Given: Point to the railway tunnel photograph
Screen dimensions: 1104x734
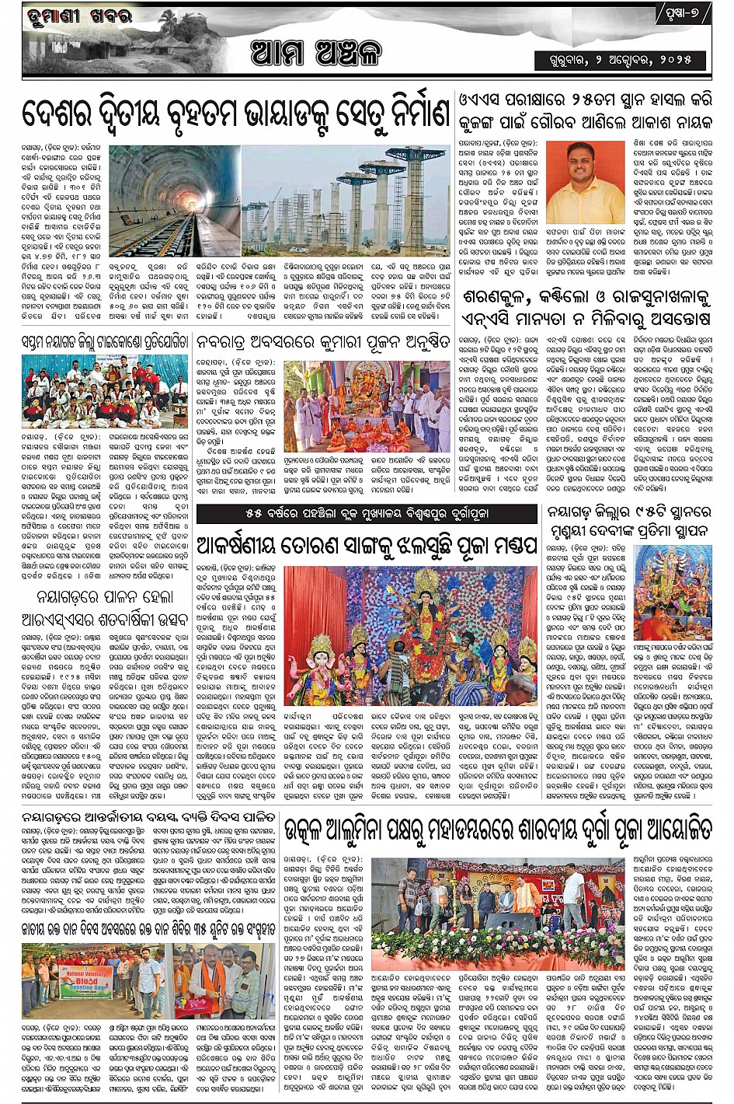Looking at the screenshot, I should (x=174, y=200).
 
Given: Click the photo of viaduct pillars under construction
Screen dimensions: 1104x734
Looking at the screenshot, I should (x=345, y=200).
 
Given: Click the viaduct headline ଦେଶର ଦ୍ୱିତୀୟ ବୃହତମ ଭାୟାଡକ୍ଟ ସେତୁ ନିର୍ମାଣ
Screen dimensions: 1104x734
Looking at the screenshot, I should (x=236, y=117).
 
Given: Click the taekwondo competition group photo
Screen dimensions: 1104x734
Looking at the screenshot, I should (x=104, y=392).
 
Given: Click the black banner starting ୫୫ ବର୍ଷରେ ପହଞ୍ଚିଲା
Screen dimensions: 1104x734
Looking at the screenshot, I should (x=367, y=515).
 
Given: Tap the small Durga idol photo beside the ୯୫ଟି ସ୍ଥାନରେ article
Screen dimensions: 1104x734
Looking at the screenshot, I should (x=672, y=592).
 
